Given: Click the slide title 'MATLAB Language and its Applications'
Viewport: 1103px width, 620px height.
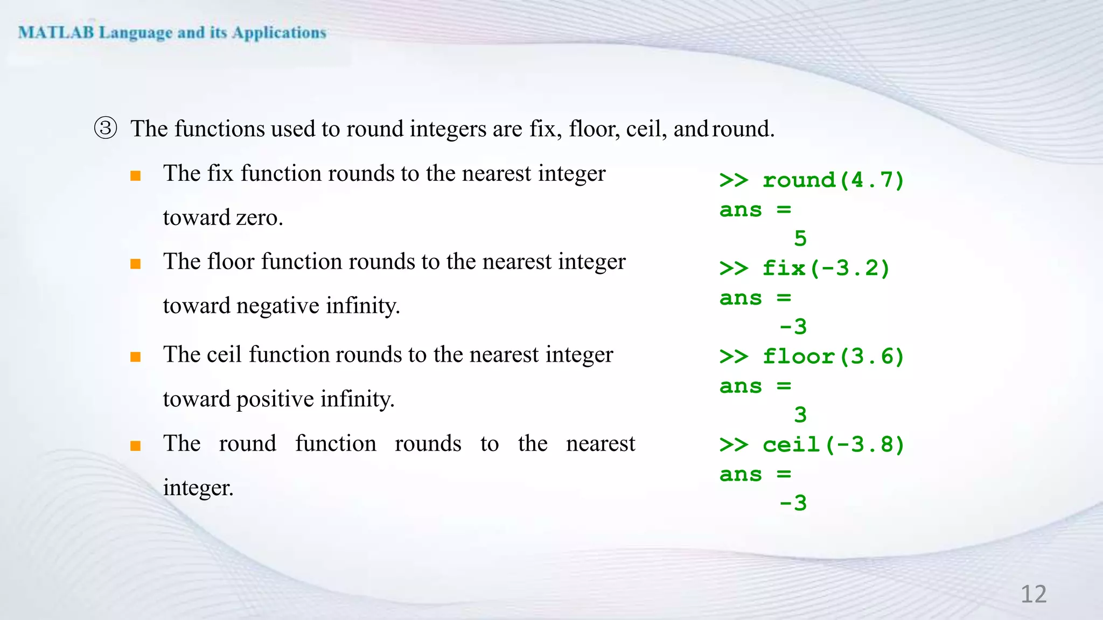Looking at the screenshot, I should point(172,33).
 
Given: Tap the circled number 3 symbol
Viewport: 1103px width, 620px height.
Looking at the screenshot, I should point(106,129).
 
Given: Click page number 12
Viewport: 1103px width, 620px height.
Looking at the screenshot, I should point(1033,594).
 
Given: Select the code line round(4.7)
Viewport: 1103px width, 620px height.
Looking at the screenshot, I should point(812,180).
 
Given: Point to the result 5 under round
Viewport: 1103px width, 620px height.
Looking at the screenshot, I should point(800,238).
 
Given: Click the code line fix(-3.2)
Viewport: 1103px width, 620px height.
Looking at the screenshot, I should point(805,268).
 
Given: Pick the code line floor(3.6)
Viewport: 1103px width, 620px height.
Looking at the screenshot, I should point(812,356).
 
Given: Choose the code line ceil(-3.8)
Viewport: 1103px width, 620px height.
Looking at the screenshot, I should point(812,445).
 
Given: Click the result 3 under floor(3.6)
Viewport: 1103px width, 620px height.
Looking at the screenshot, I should point(800,415).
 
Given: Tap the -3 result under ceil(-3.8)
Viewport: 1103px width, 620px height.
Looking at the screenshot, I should point(793,503).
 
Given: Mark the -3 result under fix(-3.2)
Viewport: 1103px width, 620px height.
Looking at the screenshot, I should point(793,327).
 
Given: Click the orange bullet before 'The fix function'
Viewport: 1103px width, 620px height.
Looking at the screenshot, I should point(136,176).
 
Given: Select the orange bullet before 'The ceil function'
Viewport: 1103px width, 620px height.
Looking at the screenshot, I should point(136,357).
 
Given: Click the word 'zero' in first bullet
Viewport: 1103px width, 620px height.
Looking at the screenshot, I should point(259,218).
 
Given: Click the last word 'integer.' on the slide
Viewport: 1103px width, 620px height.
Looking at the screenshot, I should point(198,488).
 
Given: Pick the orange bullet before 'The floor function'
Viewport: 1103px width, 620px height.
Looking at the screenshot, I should point(136,264).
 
